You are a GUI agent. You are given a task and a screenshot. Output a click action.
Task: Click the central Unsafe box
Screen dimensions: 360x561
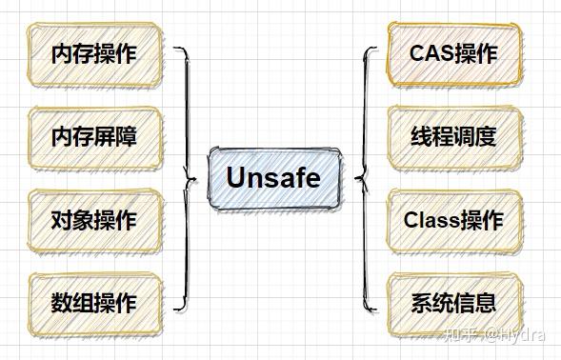coord(272,178)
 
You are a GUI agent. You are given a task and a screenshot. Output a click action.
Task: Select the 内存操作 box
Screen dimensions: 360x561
coord(93,53)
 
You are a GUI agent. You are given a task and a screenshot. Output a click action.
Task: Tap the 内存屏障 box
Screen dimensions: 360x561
coord(93,137)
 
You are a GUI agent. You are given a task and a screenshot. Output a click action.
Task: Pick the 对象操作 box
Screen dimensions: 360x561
coord(93,220)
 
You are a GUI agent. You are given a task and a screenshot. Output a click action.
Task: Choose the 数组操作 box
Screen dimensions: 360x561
coord(93,304)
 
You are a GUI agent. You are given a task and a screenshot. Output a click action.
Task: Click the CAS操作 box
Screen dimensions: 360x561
coord(453,53)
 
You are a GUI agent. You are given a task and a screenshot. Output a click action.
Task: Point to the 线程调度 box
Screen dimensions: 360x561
coord(453,137)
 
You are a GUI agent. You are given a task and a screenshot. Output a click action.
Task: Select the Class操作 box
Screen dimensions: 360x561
coord(453,220)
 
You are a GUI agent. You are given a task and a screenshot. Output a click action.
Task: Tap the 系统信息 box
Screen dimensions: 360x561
coord(453,304)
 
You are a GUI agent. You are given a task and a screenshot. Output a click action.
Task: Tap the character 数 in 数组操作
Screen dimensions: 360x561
coord(61,304)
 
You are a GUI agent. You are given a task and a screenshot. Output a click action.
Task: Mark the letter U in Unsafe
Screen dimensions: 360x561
coord(236,178)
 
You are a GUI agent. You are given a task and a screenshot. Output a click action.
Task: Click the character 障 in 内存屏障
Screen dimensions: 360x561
coord(126,137)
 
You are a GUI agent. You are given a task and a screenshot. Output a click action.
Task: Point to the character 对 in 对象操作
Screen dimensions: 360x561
coord(61,220)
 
